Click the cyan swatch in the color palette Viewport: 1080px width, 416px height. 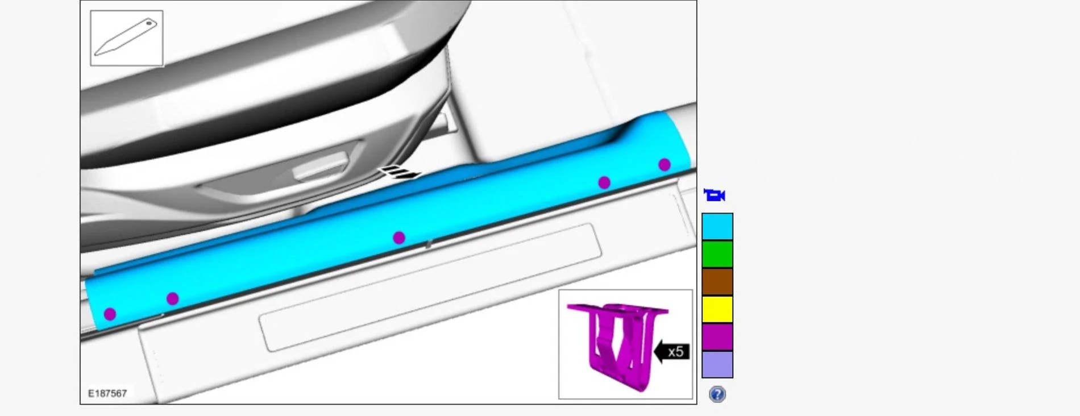[x=717, y=227]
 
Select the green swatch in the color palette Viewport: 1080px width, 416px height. [x=717, y=254]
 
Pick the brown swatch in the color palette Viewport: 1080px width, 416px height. [x=717, y=282]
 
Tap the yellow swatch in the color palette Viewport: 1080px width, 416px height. [x=717, y=309]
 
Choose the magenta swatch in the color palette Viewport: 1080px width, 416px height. [x=717, y=336]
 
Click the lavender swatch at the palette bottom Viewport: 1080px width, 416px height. [x=717, y=364]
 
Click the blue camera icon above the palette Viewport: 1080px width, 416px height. [x=715, y=195]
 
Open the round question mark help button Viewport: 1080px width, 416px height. [x=717, y=394]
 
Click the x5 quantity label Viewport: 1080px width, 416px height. [x=676, y=352]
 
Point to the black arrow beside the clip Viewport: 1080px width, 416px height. [x=662, y=352]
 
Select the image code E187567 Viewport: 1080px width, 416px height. [x=107, y=393]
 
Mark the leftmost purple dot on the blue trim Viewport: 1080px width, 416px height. [x=110, y=314]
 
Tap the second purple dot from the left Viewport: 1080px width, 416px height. [x=173, y=299]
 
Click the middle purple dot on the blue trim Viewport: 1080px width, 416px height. [x=399, y=238]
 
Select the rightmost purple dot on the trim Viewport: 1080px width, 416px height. [x=664, y=165]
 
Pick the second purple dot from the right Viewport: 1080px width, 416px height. [x=604, y=183]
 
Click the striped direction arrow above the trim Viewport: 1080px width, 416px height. [x=400, y=172]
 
